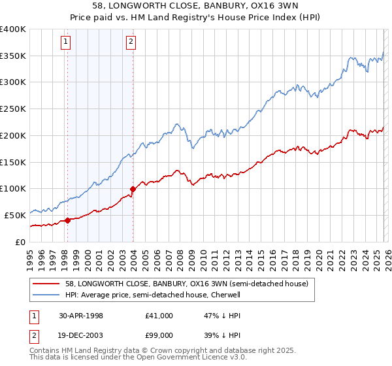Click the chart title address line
pos(196,7)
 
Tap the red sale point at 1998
pos(68,220)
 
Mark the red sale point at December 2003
pos(133,190)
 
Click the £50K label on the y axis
pos(15,215)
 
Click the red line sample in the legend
pos(47,284)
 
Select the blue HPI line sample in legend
pos(47,295)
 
